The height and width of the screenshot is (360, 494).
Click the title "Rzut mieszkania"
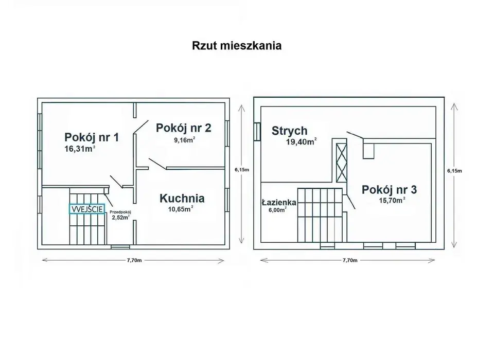(237, 45)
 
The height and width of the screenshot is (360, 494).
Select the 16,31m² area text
(80, 149)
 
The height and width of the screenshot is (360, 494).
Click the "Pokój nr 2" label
(184, 127)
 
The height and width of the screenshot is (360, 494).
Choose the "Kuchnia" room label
(182, 198)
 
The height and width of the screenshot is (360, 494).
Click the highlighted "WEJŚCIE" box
(87, 209)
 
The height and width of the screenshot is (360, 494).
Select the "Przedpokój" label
(121, 212)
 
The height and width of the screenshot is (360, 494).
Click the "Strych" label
(289, 131)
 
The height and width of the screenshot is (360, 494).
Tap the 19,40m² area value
(301, 142)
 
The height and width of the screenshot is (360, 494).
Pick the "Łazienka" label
(278, 202)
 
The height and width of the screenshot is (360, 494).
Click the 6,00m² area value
(276, 209)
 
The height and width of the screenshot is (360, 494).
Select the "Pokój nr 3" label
(390, 189)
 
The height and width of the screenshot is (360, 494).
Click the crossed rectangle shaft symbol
(341, 163)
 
